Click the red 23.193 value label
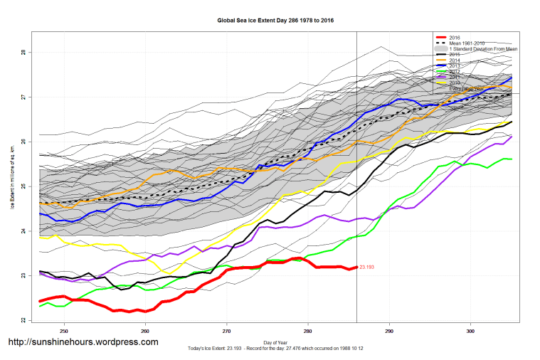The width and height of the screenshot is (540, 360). tap(367, 268)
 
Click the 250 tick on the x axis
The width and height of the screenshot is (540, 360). tap(64, 331)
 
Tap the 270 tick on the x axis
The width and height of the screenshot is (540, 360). tap(227, 331)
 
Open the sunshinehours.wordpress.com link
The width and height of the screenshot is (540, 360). tap(83, 342)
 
